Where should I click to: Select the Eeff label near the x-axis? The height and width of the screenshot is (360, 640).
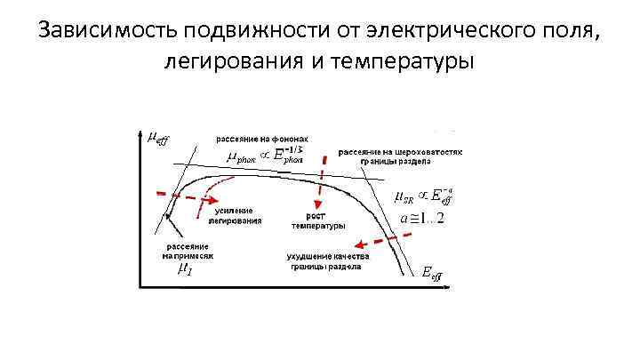pos(431,274)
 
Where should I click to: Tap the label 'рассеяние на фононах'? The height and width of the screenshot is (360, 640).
pos(263,139)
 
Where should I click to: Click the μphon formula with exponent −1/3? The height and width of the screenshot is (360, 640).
pos(267,158)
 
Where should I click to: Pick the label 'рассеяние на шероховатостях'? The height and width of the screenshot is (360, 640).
pos(400,153)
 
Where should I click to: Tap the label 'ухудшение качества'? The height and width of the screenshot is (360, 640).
pos(322,258)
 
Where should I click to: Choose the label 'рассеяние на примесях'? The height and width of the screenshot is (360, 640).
pos(188,250)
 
